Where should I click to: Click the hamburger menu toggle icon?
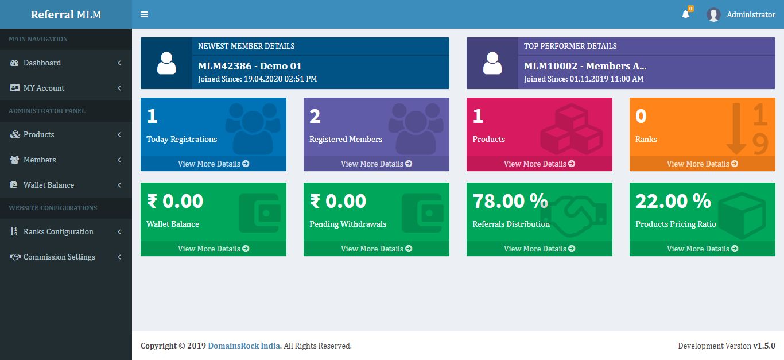point(144,14)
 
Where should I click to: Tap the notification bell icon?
point(685,14)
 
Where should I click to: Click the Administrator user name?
point(751,14)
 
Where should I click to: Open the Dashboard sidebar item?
point(42,63)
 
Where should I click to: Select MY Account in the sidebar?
point(44,88)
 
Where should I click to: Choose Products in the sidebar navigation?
point(38,134)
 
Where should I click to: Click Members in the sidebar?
point(40,160)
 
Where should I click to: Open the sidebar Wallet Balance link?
point(48,185)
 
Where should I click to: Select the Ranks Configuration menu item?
point(58,231)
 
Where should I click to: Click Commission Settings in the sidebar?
point(59,257)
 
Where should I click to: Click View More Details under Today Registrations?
point(214,164)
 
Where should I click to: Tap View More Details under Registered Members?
point(377,164)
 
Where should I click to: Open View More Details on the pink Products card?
point(540,164)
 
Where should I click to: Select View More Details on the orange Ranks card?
point(703,164)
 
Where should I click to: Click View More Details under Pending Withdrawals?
point(377,249)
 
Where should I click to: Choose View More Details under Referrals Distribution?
point(540,249)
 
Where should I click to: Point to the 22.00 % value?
point(673,201)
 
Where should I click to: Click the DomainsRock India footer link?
point(244,346)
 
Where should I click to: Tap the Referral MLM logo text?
point(66,14)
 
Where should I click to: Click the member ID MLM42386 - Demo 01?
point(250,66)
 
